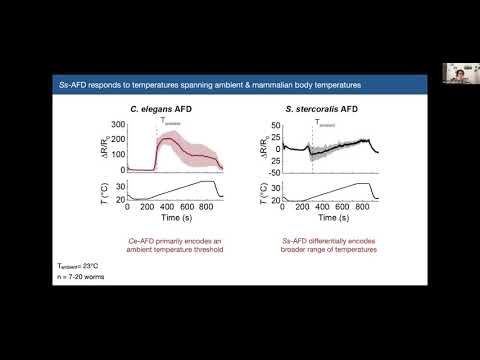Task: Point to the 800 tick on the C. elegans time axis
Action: [x=207, y=205]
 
